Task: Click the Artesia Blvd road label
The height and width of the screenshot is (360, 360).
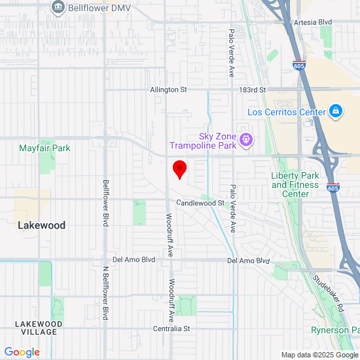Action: (x=316, y=22)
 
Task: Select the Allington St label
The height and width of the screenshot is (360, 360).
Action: (x=168, y=90)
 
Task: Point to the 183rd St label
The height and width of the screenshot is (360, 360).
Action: (x=253, y=90)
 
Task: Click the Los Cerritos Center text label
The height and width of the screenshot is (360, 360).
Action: (x=286, y=112)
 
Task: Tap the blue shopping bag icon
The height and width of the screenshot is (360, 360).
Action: (x=336, y=111)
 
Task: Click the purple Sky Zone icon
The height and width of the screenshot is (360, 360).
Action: (x=246, y=139)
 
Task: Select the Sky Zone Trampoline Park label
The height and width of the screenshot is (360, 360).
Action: (x=202, y=141)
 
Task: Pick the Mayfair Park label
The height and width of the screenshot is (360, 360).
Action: (x=45, y=149)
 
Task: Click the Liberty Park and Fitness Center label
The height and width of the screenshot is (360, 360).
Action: (x=295, y=185)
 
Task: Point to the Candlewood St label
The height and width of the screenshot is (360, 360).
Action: (x=200, y=204)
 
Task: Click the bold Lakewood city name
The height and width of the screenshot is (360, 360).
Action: (x=41, y=225)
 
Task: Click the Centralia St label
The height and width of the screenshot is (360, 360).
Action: (x=171, y=328)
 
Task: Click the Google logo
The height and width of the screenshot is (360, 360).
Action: (x=22, y=352)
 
